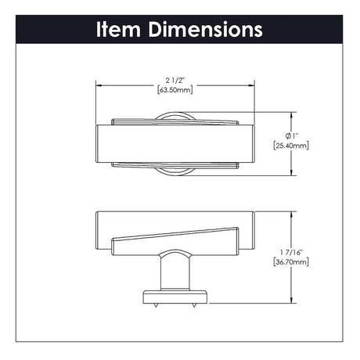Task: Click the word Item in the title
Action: (x=119, y=29)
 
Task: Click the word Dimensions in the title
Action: (x=206, y=29)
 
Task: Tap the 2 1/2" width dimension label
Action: (x=175, y=80)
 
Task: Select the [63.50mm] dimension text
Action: (x=175, y=90)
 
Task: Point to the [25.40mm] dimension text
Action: (x=291, y=146)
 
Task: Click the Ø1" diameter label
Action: (x=291, y=136)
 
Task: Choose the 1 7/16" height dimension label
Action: (x=291, y=252)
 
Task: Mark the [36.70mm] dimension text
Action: (x=291, y=261)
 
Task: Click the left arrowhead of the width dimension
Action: (x=99, y=85)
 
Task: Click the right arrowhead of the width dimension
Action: (x=251, y=85)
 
